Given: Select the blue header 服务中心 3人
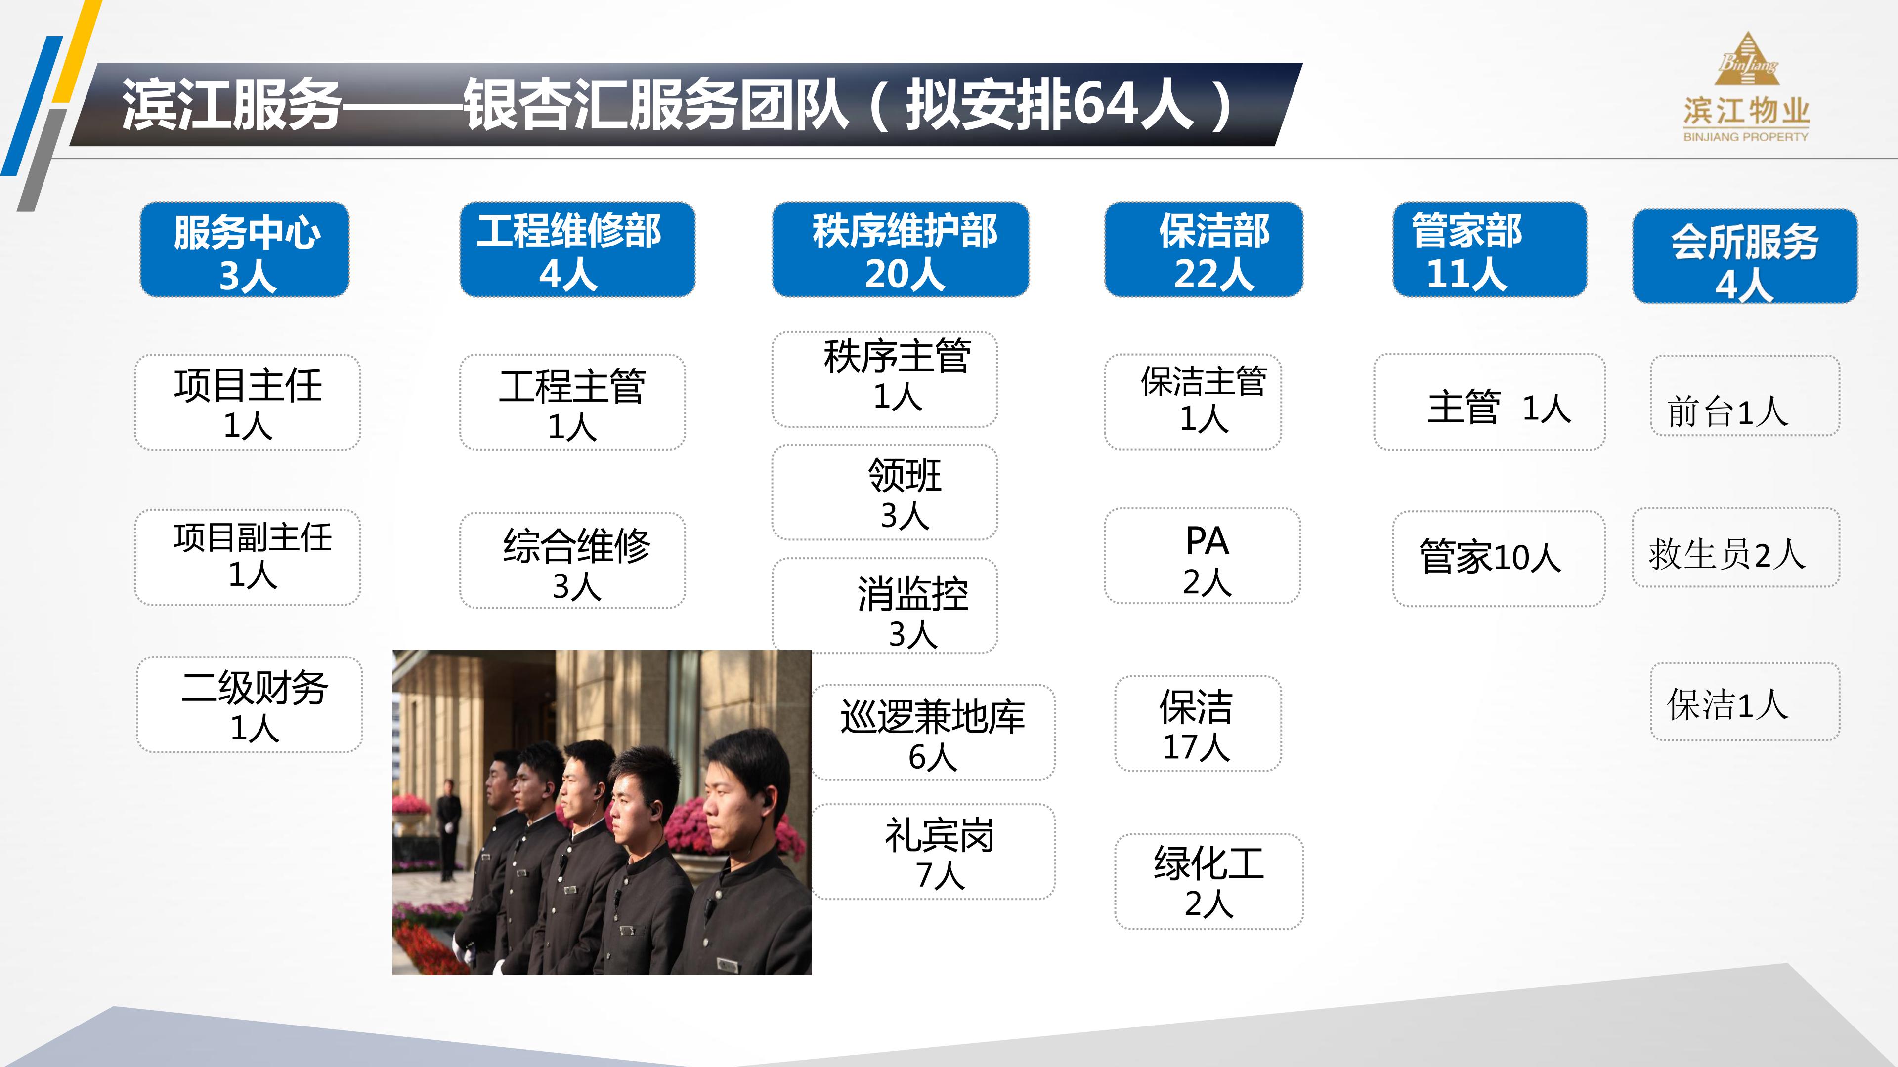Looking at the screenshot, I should pyautogui.click(x=245, y=249).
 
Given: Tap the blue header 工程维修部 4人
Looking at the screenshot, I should pyautogui.click(x=577, y=249).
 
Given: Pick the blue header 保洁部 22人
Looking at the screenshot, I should pyautogui.click(x=1203, y=249).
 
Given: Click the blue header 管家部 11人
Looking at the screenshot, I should pyautogui.click(x=1489, y=249).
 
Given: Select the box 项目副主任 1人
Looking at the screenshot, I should pyautogui.click(x=248, y=557).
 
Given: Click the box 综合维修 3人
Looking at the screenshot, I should pyautogui.click(x=572, y=560).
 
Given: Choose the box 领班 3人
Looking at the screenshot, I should pyautogui.click(x=884, y=492).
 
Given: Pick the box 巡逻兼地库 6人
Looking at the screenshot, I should pyautogui.click(x=933, y=732).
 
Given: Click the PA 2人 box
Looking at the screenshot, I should pyautogui.click(x=1202, y=556).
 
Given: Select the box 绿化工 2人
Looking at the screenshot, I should pyautogui.click(x=1208, y=881).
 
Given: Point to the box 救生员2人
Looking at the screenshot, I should pyautogui.click(x=1735, y=548).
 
